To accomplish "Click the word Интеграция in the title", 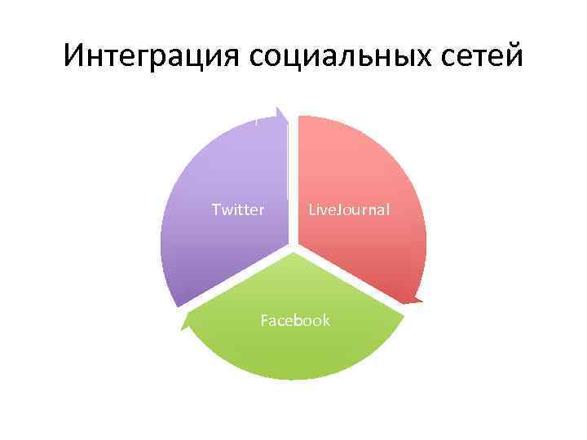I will (152, 56).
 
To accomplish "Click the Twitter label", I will (238, 210).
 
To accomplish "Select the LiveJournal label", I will (349, 210).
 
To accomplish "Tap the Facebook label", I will (295, 320).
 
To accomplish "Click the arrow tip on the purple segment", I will (280, 110).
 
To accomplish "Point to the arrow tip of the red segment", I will (417, 300).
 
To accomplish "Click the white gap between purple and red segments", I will (293, 163).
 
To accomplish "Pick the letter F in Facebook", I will (264, 320).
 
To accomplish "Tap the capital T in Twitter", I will (216, 210).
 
